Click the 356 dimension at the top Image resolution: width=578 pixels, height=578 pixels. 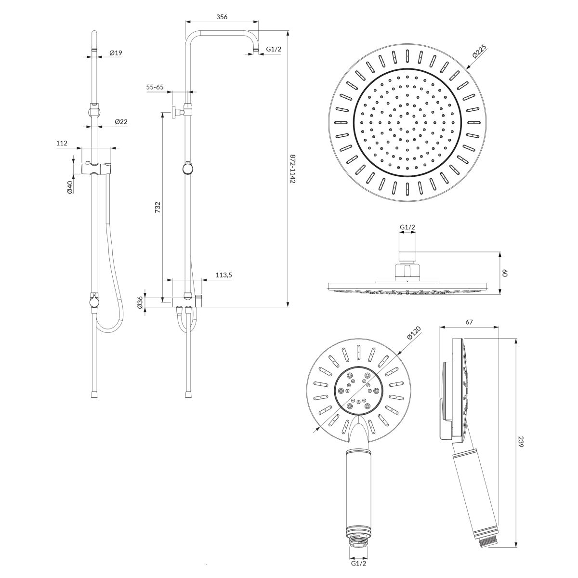click(222, 17)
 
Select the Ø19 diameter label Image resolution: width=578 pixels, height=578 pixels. click(116, 53)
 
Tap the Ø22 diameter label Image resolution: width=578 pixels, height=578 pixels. click(121, 121)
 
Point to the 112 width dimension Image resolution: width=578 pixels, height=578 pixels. click(62, 143)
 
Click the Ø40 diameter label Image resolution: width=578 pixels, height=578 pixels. click(70, 187)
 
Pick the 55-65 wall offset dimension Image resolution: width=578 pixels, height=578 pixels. click(155, 87)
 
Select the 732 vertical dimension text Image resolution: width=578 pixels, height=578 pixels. click(158, 208)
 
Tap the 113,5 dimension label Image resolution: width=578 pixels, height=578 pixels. click(224, 275)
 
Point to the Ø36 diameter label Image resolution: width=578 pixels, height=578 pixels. click(140, 302)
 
